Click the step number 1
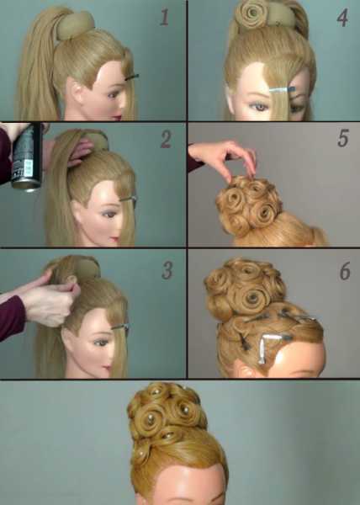[164, 17]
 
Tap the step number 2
[166, 139]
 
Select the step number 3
[167, 270]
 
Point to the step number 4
[342, 18]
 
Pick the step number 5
[343, 138]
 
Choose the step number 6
[345, 271]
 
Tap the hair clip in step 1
[132, 77]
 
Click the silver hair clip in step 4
[282, 90]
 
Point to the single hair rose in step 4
[251, 13]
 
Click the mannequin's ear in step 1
[77, 91]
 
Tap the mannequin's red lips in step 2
[115, 240]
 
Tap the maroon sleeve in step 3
[12, 317]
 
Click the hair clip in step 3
[120, 327]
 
